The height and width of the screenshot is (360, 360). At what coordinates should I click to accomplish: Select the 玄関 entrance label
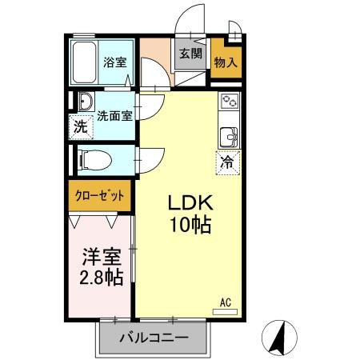coord(190,54)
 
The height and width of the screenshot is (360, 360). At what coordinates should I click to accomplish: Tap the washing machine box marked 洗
coord(80,126)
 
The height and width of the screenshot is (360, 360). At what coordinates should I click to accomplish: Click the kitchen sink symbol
coord(229,136)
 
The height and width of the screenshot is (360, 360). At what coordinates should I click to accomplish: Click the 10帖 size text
coord(190,226)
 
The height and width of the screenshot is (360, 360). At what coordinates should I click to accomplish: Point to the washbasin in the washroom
coord(84,102)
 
